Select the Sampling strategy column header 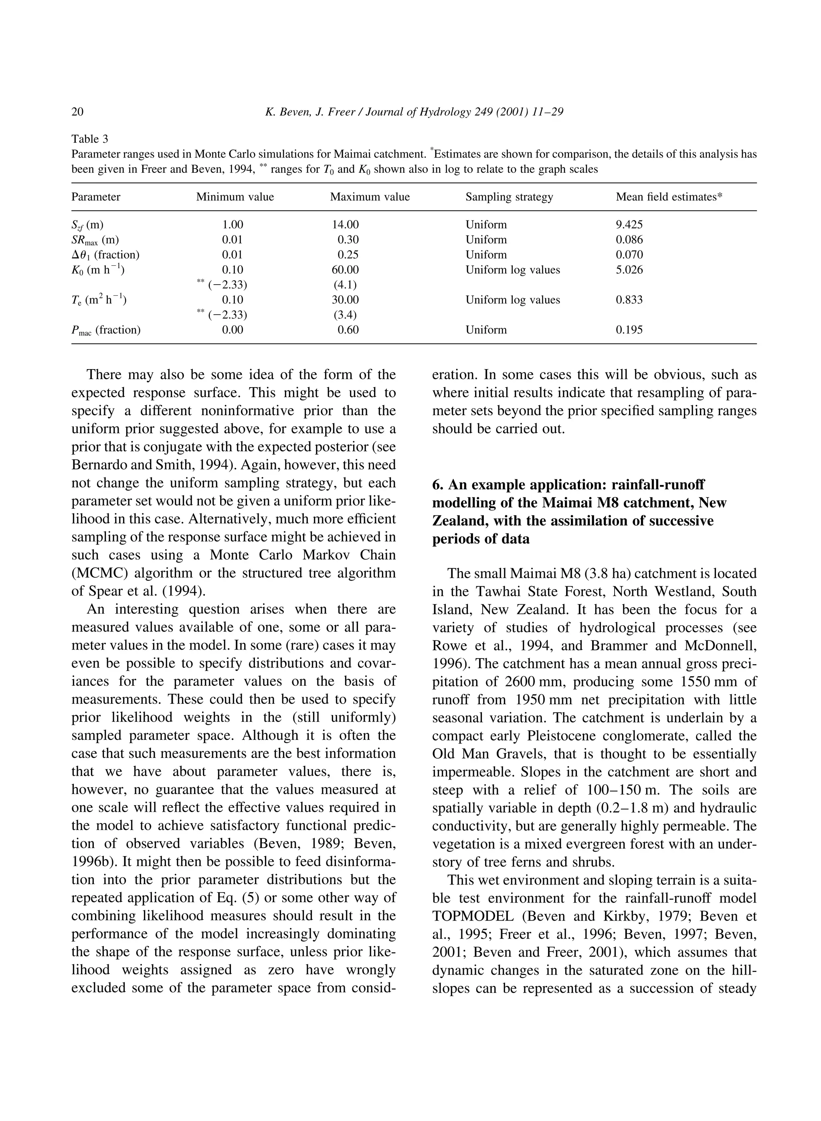pos(509,197)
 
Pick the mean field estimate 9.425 pos(629,224)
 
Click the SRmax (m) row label pos(95,240)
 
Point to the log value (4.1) pos(346,285)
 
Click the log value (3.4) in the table pos(346,315)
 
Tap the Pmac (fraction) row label pos(106,330)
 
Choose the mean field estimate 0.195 pos(629,330)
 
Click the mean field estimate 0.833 pos(629,300)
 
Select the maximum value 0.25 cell pos(348,255)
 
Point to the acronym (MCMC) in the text pos(99,573)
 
